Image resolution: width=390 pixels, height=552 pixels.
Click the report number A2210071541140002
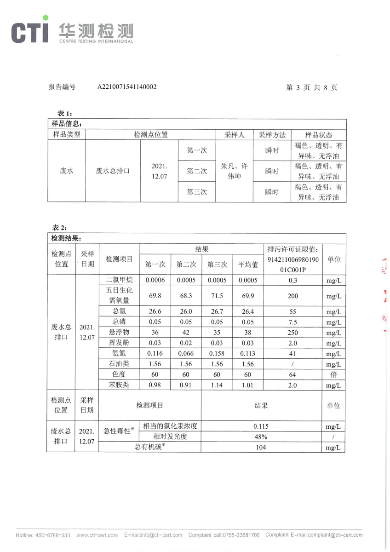coord(127,86)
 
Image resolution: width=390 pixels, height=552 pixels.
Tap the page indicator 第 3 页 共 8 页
coord(311,87)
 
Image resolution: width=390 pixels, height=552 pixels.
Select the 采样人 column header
coord(234,135)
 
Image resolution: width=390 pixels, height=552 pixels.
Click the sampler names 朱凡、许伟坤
coord(234,171)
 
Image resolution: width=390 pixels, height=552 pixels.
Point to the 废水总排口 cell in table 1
coord(113,171)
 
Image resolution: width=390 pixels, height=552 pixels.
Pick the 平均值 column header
coord(248,264)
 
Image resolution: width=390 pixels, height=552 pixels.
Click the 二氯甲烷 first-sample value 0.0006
coord(155,281)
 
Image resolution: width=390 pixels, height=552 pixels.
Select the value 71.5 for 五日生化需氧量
coord(217,296)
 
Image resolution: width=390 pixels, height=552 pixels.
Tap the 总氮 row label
coord(119,311)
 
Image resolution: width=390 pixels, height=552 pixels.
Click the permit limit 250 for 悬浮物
coord(292,333)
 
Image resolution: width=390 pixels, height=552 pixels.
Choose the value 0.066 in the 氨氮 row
coord(186,353)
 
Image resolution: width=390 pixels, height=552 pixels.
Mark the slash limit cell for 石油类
coord(292,364)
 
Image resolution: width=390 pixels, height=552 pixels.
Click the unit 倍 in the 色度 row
coord(333,374)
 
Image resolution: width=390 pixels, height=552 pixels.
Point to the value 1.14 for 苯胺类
coord(217,385)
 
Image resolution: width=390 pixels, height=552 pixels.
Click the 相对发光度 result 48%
coord(261,437)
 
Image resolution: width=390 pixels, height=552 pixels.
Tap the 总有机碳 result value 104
coord(261,447)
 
